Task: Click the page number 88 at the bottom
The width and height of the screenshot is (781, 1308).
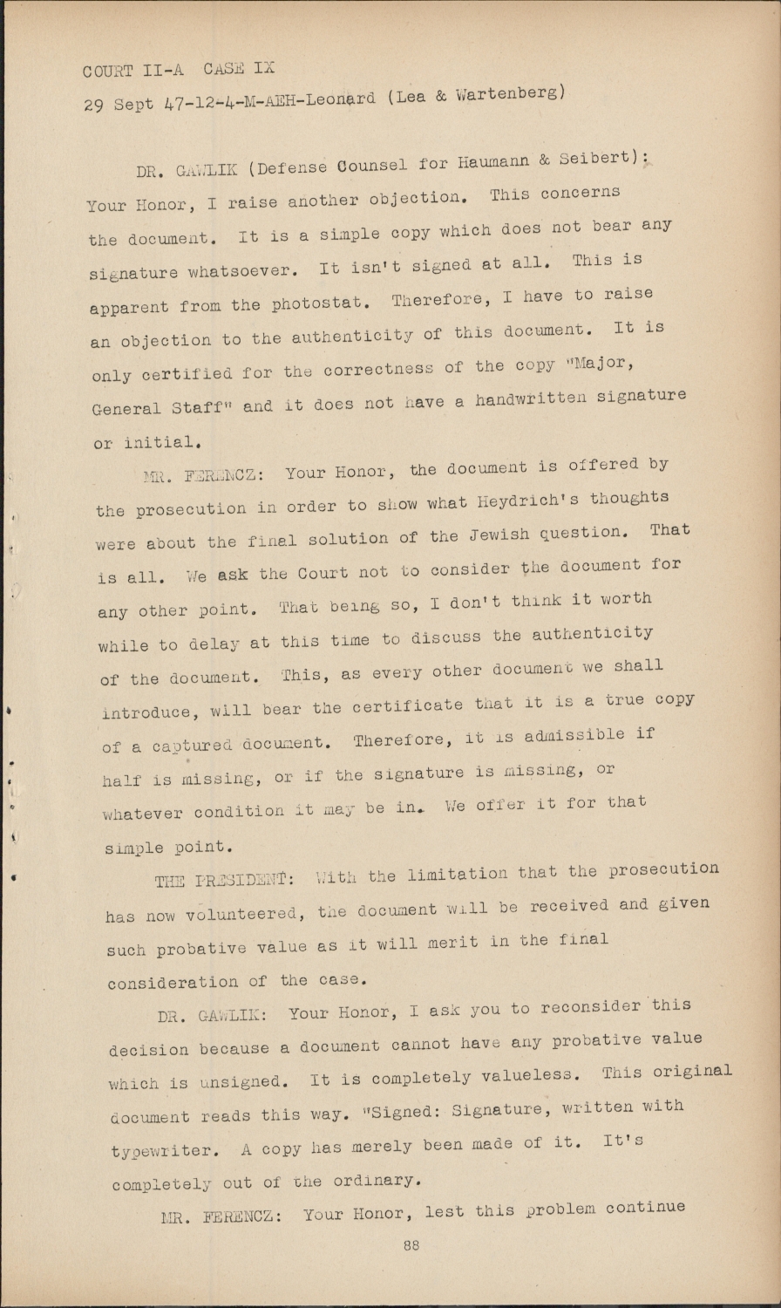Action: pyautogui.click(x=411, y=1245)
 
